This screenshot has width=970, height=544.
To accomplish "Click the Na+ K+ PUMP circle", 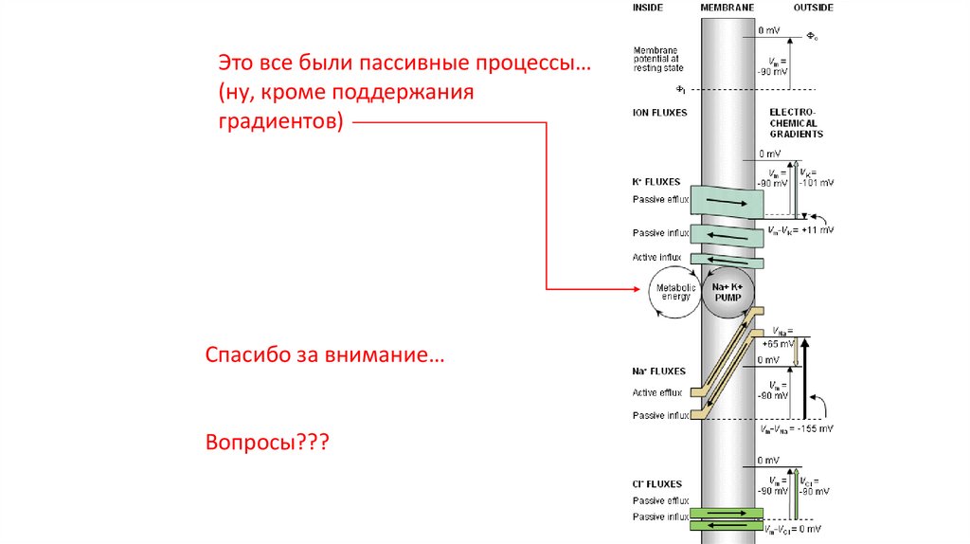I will [727, 292].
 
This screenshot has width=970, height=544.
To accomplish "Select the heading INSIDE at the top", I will [647, 8].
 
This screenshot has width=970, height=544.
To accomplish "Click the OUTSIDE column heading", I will [813, 8].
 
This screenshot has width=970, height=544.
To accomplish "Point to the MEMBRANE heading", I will [727, 8].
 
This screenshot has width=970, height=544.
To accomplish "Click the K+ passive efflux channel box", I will [727, 201].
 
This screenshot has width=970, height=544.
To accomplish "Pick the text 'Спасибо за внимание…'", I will [325, 358].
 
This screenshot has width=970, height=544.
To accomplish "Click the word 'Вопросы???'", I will [266, 443].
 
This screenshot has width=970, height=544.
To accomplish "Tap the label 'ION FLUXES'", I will [659, 113].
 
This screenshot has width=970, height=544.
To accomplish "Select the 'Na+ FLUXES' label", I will [659, 372].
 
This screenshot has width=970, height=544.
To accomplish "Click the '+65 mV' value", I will [778, 345].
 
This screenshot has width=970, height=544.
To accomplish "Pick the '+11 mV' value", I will [817, 230].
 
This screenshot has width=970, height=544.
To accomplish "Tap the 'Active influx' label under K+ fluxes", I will [659, 258].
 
